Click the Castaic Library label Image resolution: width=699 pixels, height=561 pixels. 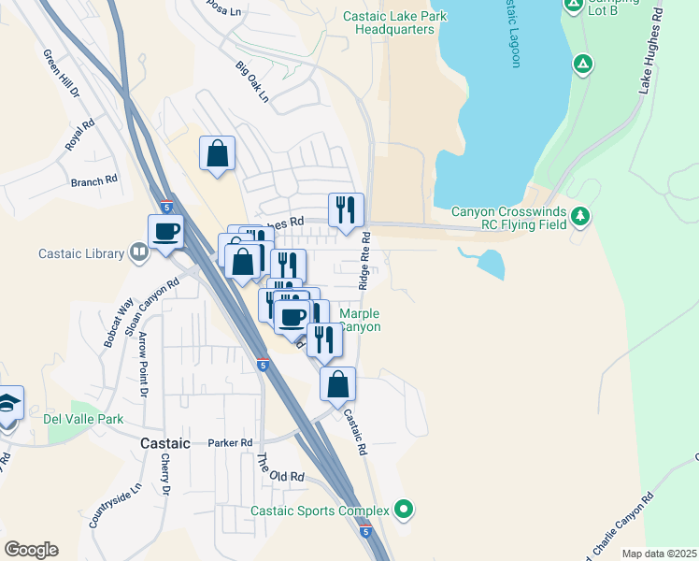click(81, 253)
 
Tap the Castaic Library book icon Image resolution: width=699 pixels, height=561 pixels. click(138, 252)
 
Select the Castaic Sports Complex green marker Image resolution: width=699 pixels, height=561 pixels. click(404, 510)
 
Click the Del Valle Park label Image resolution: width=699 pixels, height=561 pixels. click(84, 419)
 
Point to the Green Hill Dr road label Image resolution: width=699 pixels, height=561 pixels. click(62, 74)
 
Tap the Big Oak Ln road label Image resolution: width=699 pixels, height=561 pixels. click(251, 82)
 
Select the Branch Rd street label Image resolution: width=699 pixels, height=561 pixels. click(93, 180)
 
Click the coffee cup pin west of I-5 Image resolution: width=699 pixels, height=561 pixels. click(166, 232)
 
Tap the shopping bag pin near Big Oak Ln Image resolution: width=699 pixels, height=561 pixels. click(217, 153)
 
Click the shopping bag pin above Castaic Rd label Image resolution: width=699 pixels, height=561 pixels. click(337, 383)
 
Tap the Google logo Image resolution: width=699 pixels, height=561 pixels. click(31, 550)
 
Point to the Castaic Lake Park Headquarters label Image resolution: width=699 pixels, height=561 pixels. click(394, 22)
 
